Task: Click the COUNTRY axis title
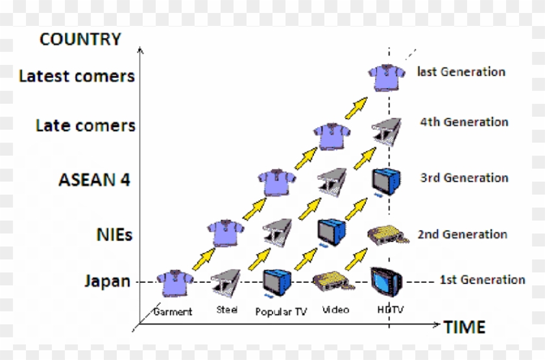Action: point(80,40)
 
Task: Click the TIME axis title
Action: point(464,327)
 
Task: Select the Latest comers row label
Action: point(77,77)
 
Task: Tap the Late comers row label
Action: point(86,125)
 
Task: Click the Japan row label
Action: point(107,282)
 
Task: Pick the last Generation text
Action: point(461,71)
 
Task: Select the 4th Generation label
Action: point(464,122)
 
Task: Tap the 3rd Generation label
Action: point(464,178)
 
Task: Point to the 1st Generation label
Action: point(482,280)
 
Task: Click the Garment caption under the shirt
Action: point(173,311)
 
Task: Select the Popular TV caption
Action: point(281,311)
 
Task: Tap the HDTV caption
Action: point(391,310)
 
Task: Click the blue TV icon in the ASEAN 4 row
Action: point(384,180)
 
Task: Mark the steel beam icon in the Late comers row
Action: point(384,130)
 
